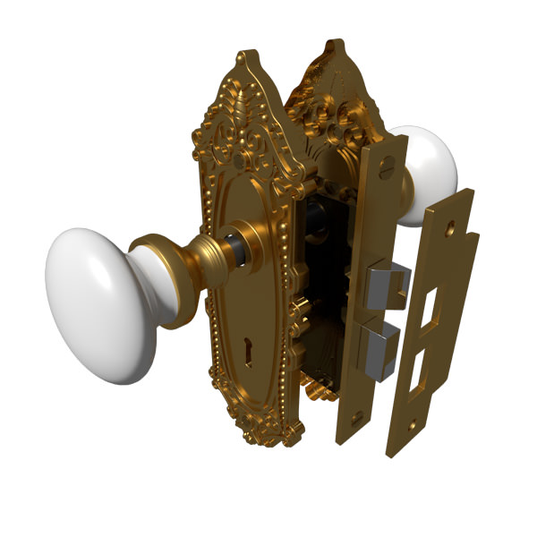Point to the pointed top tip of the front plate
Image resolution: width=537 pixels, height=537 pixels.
[241, 59]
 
